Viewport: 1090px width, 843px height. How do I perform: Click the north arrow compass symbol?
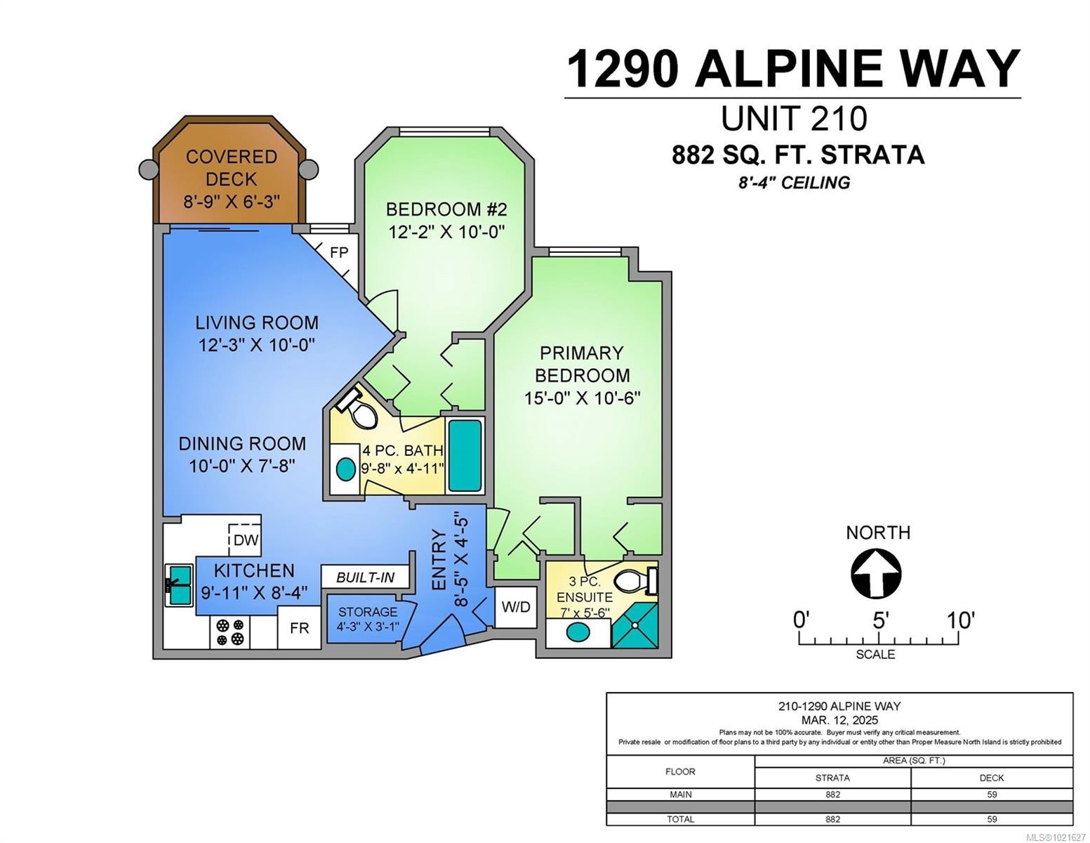876,574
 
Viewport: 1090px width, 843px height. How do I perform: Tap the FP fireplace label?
339,252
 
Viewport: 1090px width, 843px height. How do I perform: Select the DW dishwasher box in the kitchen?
246,540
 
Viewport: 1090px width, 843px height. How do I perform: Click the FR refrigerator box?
299,627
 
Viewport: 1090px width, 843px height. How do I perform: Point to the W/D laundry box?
516,606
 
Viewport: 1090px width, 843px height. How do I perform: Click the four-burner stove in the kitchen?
230,632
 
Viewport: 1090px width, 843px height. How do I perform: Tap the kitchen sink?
180,584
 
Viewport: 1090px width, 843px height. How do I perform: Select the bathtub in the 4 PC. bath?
465,456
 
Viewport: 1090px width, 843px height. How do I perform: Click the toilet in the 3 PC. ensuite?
634,581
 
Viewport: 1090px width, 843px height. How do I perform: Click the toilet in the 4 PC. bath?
359,410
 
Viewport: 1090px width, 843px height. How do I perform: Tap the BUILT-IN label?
365,577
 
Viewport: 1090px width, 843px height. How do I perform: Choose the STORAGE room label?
367,612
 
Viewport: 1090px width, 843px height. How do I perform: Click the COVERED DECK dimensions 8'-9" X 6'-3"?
232,202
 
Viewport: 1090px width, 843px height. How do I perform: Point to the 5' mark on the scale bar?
880,621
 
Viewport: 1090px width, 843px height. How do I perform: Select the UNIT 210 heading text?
794,118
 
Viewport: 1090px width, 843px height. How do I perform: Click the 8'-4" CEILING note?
793,183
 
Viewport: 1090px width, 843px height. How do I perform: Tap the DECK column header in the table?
991,778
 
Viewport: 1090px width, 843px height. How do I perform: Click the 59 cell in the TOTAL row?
991,819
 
